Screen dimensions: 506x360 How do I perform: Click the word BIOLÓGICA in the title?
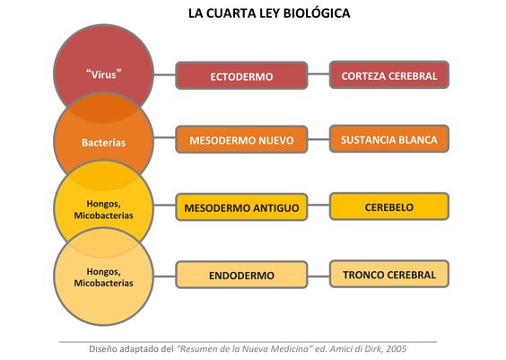317,13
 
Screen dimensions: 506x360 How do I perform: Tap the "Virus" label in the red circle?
103,75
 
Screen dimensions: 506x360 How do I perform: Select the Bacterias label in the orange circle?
103,143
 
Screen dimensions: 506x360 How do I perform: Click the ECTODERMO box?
241,76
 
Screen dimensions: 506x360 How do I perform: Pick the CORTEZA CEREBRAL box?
389,75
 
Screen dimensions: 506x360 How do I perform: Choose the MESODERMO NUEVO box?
241,140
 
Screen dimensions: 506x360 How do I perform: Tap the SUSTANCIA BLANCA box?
389,139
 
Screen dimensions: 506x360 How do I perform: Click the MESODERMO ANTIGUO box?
241,207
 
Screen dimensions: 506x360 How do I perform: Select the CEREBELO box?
389,206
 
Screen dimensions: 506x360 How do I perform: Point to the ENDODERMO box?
241,275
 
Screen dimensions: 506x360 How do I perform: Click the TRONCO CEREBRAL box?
389,274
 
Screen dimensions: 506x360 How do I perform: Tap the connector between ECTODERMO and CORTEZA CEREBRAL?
318,74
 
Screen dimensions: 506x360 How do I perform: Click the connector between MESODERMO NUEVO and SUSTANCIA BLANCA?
318,140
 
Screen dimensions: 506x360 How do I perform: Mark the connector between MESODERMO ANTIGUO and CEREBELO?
318,205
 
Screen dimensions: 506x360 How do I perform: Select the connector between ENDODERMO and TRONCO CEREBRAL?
318,277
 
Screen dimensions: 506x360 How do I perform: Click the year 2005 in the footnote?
397,349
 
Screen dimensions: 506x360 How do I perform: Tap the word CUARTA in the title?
231,13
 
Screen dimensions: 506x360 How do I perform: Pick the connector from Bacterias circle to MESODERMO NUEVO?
164,138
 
